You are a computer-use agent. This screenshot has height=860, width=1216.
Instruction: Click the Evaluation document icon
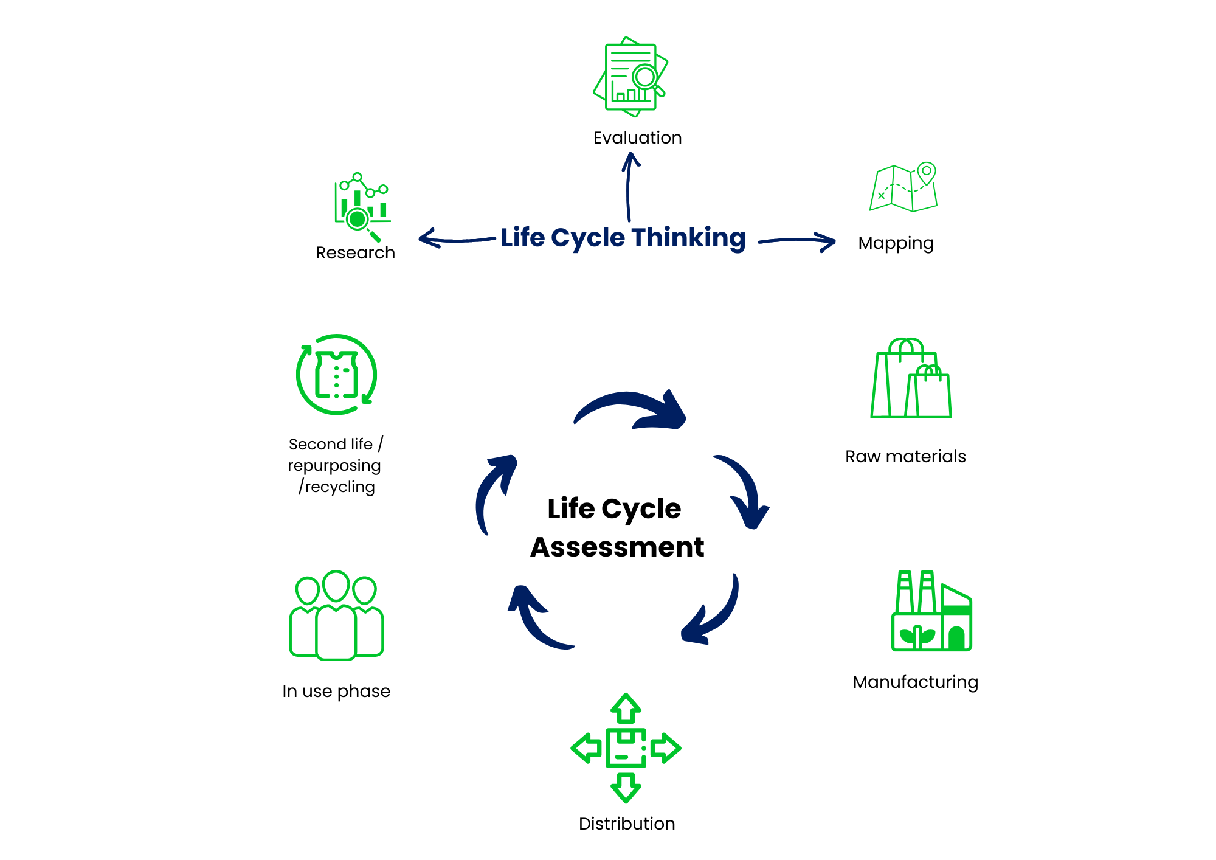pyautogui.click(x=630, y=77)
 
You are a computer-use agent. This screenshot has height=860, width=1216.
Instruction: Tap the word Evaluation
pyautogui.click(x=637, y=138)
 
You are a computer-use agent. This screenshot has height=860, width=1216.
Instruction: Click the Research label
pyautogui.click(x=355, y=253)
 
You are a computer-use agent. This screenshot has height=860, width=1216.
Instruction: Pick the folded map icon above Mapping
pyautogui.click(x=903, y=188)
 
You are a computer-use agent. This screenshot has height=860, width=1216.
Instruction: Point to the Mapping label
pyautogui.click(x=896, y=243)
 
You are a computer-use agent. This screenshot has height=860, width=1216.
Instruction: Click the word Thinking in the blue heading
pyautogui.click(x=688, y=238)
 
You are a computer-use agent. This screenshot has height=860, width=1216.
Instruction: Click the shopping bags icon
pyautogui.click(x=911, y=380)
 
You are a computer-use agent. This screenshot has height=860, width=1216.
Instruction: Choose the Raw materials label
pyautogui.click(x=905, y=457)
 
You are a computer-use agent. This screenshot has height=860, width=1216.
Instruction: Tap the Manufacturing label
pyautogui.click(x=915, y=682)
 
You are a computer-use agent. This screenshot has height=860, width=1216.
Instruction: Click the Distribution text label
pyautogui.click(x=627, y=824)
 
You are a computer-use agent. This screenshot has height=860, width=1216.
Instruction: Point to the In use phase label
pyautogui.click(x=336, y=692)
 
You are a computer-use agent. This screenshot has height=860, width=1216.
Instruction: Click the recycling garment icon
pyautogui.click(x=336, y=375)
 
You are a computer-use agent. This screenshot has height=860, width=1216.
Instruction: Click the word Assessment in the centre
pyautogui.click(x=617, y=547)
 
